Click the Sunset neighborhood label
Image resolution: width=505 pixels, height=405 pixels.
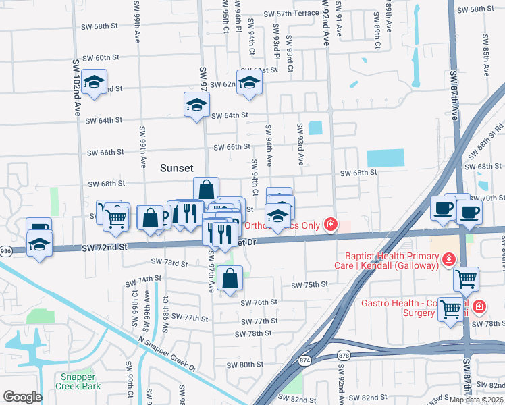177,168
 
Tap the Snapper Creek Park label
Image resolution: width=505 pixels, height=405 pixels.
80,381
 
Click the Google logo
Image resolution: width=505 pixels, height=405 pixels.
22,397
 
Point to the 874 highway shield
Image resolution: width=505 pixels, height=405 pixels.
306,361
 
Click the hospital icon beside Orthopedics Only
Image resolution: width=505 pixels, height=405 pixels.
331,224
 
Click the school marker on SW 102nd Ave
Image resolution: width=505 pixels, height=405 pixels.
95,82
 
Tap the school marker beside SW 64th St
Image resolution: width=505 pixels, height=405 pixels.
196,105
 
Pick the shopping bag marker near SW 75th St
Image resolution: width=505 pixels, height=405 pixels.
230,277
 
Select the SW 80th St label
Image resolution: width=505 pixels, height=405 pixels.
244,365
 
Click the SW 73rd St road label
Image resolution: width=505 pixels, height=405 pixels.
169,261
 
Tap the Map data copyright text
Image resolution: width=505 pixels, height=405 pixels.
476,400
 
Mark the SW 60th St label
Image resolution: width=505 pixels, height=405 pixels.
100,58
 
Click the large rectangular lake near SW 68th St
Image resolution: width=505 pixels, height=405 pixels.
386,158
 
